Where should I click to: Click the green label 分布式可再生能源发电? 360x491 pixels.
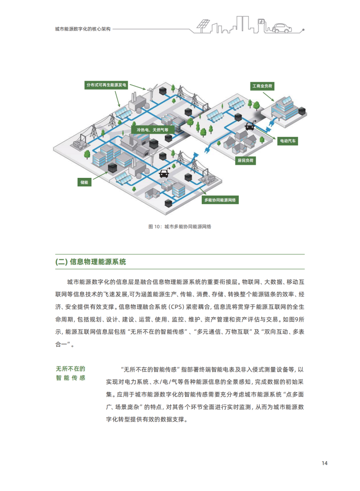106,85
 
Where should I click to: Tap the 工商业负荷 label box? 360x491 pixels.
262,86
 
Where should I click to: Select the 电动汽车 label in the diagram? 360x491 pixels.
287,141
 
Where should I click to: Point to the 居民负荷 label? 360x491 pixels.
245,161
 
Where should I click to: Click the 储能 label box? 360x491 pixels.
84,182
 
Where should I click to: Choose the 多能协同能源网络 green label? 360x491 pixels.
220,200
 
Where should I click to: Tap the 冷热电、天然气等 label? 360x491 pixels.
152,130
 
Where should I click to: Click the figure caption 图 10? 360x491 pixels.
179,226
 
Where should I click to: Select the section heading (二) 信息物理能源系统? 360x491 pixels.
91,262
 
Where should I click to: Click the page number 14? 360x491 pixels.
325,463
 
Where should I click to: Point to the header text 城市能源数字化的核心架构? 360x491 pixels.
83,29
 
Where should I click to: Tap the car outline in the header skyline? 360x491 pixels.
282,28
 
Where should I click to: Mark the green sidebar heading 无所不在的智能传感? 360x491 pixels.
70,373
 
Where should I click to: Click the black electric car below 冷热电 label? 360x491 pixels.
164,173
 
